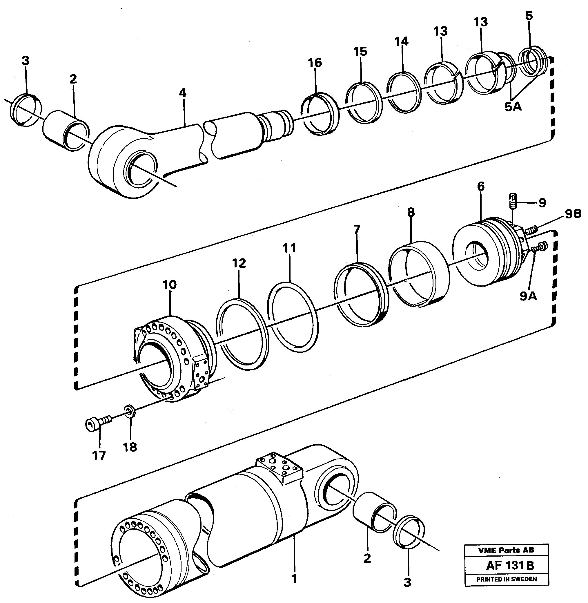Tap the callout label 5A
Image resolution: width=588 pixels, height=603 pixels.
pos(513,107)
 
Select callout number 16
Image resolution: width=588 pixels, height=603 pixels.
pos(315,63)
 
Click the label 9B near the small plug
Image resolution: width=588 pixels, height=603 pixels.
pos(573,214)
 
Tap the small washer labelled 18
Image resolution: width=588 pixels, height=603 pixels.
pos(130,412)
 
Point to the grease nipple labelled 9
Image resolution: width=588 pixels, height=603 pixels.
pos(513,201)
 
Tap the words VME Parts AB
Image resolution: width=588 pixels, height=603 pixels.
pos(506,550)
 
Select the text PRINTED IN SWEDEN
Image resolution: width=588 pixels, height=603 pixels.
pos(507,579)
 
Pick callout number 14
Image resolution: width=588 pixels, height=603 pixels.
pos(402,41)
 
